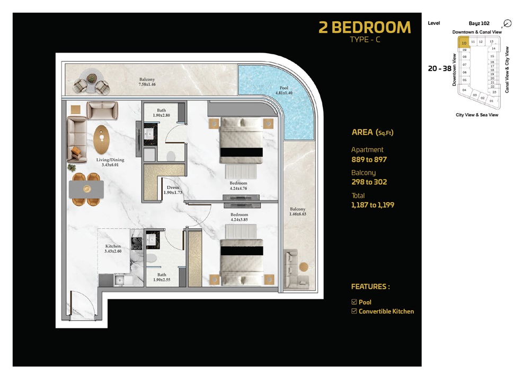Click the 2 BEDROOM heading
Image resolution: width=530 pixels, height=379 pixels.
pos(364,27)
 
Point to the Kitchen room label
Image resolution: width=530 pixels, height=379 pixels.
pos(113,249)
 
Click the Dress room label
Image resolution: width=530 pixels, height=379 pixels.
pos(173,190)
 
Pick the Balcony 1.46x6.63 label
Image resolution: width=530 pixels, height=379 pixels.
pos(297,212)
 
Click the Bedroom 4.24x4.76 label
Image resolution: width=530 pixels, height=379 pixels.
pos(238,186)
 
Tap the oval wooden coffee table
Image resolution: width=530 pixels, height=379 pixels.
pos(101,140)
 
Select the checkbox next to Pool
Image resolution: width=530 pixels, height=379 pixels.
pos(354,302)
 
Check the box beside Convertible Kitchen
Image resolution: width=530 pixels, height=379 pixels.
pos(354,312)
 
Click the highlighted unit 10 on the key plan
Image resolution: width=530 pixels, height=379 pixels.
pos(463,42)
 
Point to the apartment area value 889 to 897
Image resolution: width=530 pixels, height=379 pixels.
pos(369,159)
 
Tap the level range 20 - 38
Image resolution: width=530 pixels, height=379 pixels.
pos(439,68)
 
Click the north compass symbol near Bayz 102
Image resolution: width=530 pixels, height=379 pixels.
pos(507,23)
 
